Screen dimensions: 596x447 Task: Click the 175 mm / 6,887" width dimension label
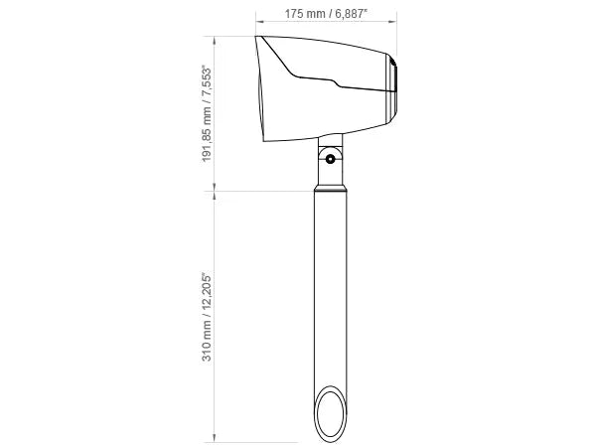click(326, 14)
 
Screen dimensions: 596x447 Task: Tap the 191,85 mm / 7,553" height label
click(207, 113)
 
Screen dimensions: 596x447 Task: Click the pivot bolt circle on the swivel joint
click(331, 159)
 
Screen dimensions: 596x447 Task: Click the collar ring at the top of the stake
click(331, 189)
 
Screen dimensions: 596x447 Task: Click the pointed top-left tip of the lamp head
click(256, 37)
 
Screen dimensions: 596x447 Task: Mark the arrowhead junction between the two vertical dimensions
click(215, 191)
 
